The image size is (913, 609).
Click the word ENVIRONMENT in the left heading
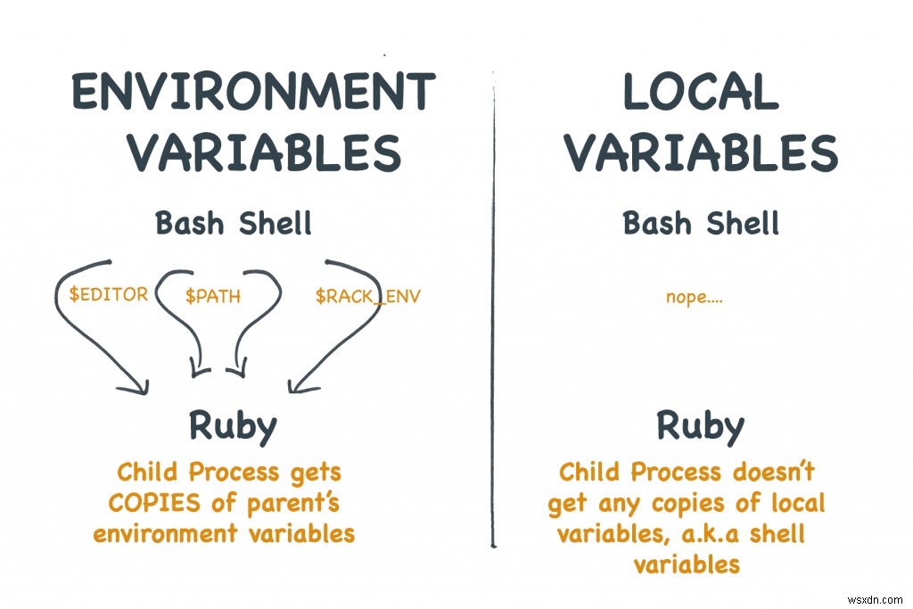[253, 93]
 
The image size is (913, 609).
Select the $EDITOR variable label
[108, 294]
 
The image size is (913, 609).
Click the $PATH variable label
[213, 296]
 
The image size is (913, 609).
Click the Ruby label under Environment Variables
[233, 426]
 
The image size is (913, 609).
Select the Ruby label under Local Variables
[701, 426]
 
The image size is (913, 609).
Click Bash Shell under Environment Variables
[234, 222]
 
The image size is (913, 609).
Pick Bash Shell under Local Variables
[701, 222]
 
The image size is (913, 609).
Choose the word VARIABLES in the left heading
[264, 153]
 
